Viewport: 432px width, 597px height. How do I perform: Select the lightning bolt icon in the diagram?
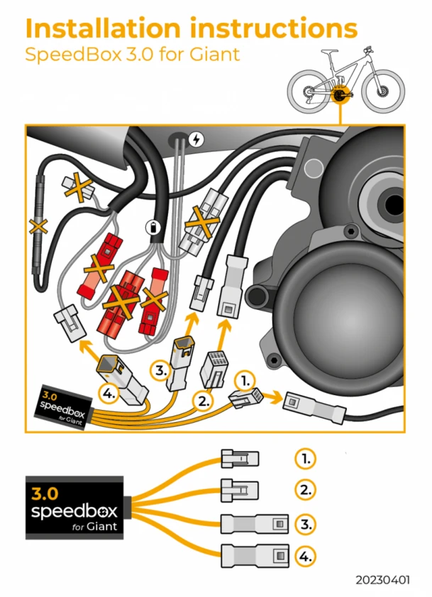pyautogui.click(x=197, y=139)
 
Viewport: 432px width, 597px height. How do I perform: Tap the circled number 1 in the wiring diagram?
pyautogui.click(x=243, y=380)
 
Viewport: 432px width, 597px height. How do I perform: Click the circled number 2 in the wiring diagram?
pyautogui.click(x=204, y=401)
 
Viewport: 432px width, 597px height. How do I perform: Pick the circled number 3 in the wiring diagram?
pyautogui.click(x=160, y=370)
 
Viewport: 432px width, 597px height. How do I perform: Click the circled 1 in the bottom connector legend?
pyautogui.click(x=305, y=458)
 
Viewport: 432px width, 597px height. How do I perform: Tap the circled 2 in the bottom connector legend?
pyautogui.click(x=305, y=490)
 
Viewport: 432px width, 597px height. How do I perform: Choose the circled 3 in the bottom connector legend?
pyautogui.click(x=305, y=525)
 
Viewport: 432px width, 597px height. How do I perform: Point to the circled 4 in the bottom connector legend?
pyautogui.click(x=305, y=555)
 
